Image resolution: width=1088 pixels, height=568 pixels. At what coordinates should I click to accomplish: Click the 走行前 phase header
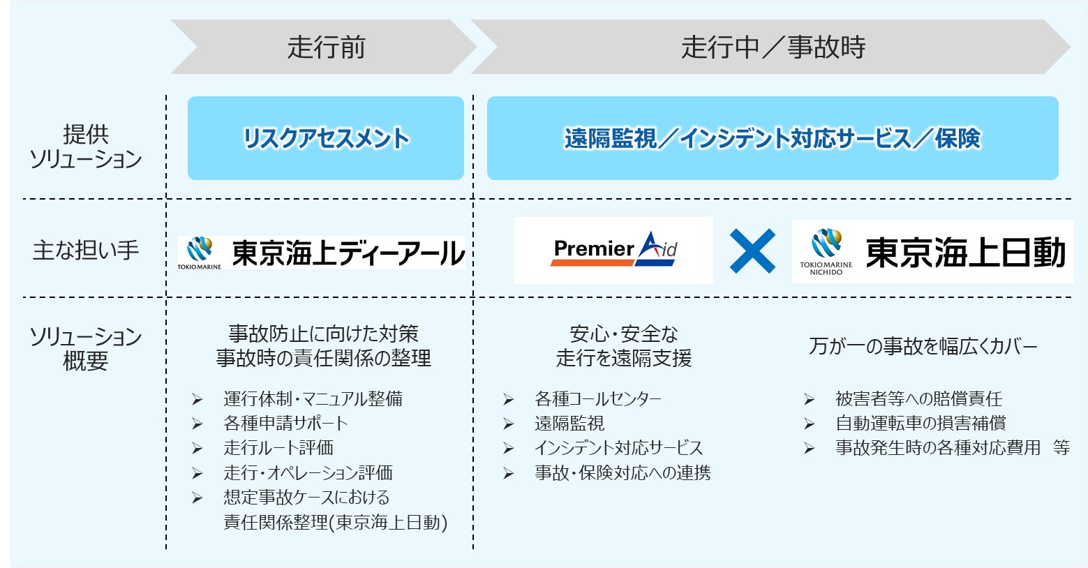(x=326, y=47)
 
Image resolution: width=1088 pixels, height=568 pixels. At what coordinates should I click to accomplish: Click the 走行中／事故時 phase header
(x=773, y=47)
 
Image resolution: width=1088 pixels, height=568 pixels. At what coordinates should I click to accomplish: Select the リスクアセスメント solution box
(x=326, y=138)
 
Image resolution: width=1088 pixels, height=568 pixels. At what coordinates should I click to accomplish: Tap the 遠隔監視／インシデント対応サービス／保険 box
(x=773, y=138)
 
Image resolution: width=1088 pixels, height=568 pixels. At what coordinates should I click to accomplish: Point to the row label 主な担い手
(x=86, y=250)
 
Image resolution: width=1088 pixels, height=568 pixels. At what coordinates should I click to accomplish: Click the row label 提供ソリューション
(x=86, y=147)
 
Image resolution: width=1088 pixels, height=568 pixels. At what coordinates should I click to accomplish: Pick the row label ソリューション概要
(x=86, y=348)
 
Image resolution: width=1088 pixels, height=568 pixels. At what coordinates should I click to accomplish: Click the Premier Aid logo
(x=614, y=250)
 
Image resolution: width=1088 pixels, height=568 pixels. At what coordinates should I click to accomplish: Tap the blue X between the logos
(x=752, y=251)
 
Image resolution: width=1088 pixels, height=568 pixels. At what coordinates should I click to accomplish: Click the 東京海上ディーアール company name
(x=348, y=253)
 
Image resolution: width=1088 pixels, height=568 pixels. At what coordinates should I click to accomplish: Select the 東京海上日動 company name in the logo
(x=965, y=253)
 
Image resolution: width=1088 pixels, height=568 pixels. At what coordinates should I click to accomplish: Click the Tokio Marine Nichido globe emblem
(x=827, y=244)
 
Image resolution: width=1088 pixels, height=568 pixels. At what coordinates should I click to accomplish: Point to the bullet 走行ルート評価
(x=278, y=448)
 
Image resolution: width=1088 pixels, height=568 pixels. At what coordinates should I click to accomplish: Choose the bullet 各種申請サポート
(x=285, y=424)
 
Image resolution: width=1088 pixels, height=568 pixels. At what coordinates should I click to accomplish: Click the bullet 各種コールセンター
(x=597, y=399)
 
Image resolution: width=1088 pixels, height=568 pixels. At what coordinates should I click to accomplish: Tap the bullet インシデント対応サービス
(x=618, y=448)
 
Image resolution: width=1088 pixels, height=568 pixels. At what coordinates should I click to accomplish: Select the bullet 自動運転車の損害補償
(x=921, y=424)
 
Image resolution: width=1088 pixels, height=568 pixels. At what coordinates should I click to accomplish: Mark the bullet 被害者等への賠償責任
(x=918, y=399)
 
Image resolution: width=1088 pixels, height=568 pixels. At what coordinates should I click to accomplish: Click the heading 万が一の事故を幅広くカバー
(x=923, y=346)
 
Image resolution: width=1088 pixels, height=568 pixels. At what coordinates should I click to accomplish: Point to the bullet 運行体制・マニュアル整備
(x=313, y=399)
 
